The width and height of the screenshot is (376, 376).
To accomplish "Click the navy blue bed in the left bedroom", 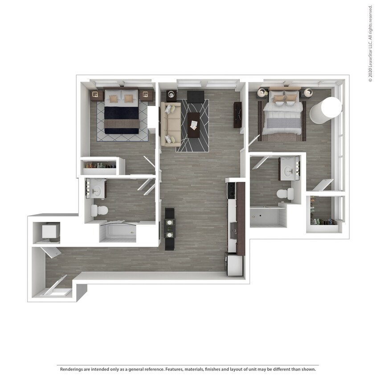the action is coord(122,111).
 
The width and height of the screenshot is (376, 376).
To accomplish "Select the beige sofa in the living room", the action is coord(171,124).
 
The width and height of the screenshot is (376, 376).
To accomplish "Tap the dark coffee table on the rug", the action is coord(193,125).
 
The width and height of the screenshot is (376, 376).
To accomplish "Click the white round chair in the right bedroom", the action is coord(326,110).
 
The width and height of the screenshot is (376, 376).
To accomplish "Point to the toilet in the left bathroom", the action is coord(99,210).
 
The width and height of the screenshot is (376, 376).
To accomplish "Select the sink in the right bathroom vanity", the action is coord(290,171).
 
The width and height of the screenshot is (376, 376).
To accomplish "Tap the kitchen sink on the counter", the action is coord(233,230).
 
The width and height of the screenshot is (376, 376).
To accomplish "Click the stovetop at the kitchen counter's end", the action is coord(232,190).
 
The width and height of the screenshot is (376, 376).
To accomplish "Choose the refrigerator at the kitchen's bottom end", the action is coord(235,266).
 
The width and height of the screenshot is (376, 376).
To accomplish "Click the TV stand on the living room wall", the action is coord(237,115).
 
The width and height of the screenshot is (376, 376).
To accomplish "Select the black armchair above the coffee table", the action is coord(196,97).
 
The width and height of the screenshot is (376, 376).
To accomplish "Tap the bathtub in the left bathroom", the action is coord(118,233).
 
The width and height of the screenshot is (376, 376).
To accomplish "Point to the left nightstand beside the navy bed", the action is coord(97,95).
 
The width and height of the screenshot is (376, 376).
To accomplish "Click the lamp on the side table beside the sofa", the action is coord(171,94).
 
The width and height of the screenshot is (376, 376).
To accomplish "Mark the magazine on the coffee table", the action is coord(194,125).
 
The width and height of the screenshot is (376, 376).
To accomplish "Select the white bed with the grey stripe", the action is coord(283,112).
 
